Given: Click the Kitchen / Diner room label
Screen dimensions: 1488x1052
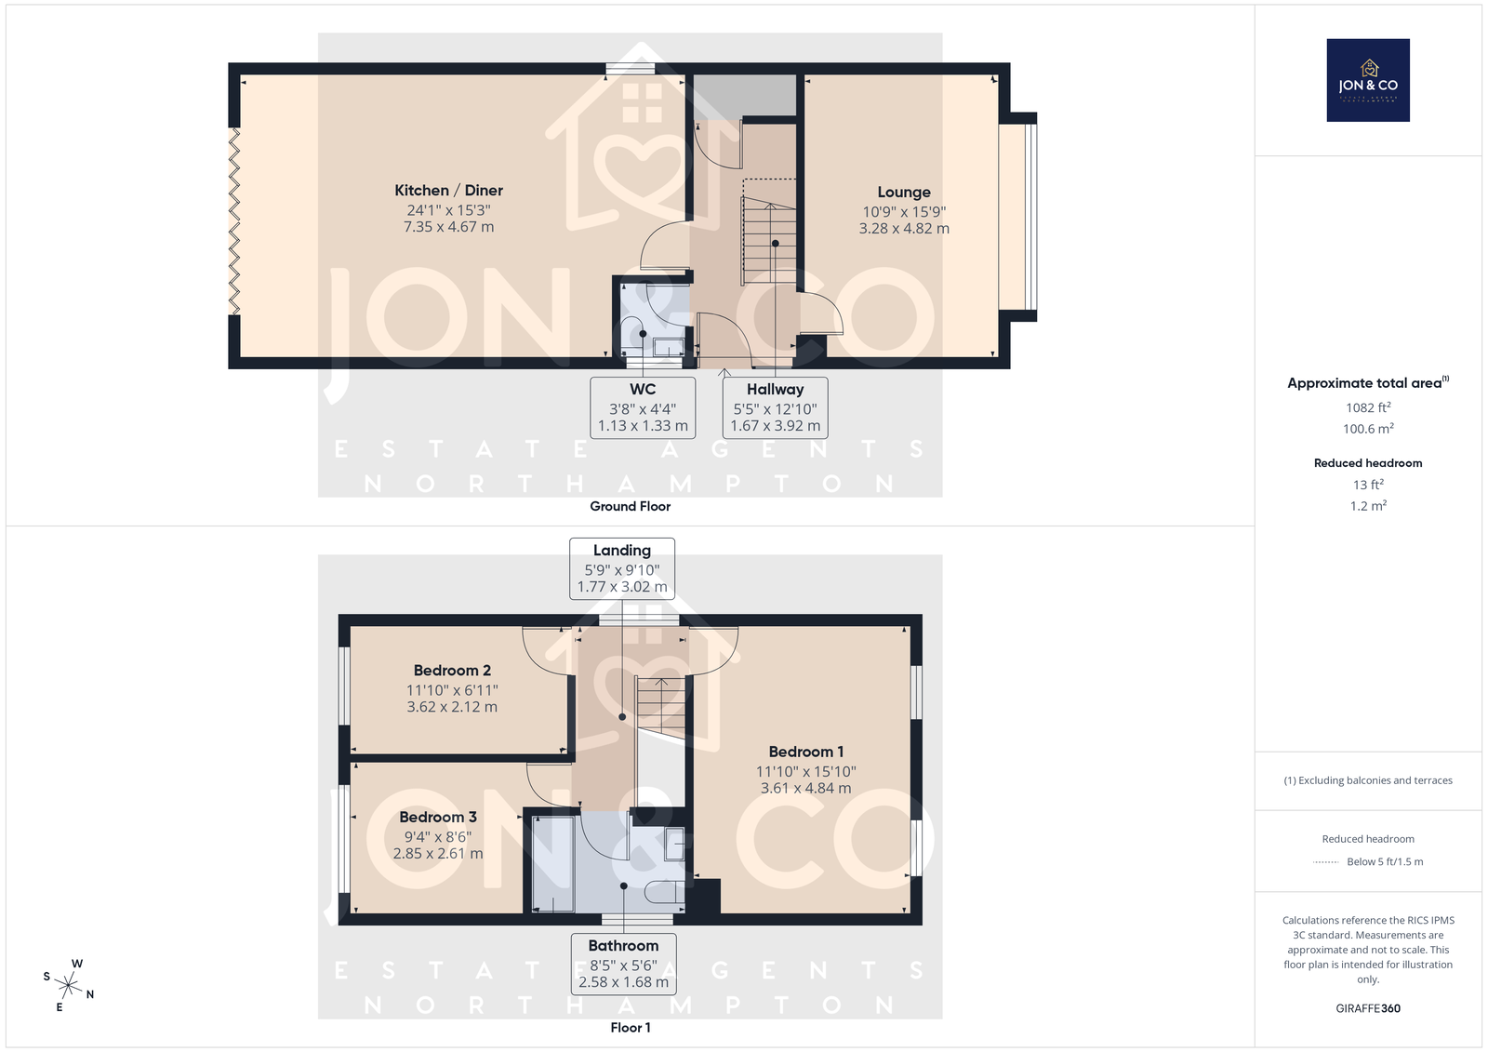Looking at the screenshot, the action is [448, 191].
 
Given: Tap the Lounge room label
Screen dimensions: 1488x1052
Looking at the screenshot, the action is [903, 192].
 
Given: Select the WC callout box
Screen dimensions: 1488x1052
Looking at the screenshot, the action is [643, 408].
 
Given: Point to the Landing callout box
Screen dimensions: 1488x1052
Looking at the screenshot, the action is [622, 569].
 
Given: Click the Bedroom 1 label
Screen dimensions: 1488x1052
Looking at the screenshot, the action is [805, 752].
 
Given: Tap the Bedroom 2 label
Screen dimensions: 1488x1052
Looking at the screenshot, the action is [452, 671].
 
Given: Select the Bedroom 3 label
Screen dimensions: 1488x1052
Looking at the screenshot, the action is [438, 818].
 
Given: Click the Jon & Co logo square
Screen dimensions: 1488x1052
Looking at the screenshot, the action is [1368, 80].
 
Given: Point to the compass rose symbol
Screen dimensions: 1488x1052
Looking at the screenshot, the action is [69, 985].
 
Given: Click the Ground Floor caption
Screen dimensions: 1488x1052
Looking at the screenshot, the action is [630, 506].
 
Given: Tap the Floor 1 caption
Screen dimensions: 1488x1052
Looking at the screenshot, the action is [630, 1028].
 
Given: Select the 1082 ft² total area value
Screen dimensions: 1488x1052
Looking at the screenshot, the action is [1368, 407].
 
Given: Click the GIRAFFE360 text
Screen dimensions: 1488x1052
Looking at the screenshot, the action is [1368, 1008].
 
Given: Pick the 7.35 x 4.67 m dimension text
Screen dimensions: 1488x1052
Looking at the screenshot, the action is [448, 227].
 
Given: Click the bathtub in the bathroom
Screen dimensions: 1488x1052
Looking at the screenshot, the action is [552, 864].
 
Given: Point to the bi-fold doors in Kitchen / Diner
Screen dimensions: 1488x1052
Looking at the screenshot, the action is [233, 220].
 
